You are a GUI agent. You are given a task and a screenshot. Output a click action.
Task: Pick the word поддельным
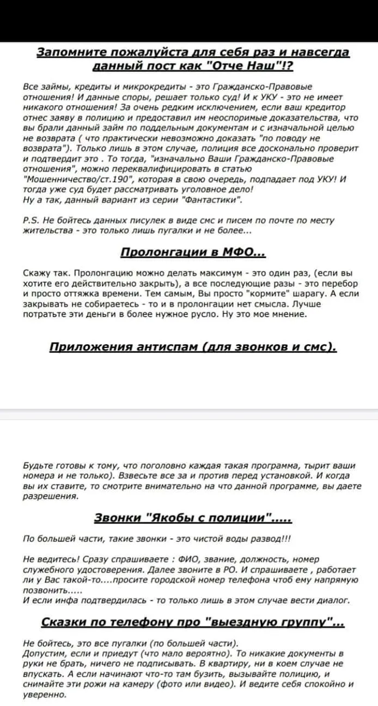[x=152, y=127]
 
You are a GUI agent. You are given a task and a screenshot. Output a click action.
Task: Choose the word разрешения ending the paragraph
[x=50, y=496]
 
